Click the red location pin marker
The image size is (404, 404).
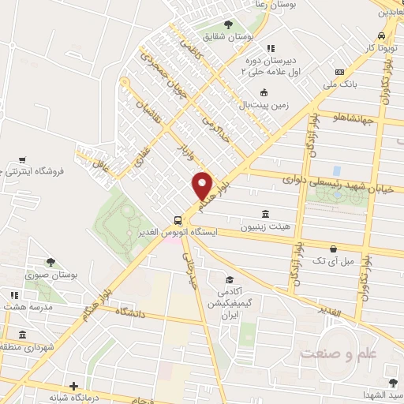[203, 185]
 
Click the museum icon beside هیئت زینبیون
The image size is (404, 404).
[264, 214]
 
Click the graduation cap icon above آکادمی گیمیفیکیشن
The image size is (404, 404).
[230, 279]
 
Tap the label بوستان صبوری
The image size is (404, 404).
[49, 275]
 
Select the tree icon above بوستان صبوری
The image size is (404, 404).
[50, 262]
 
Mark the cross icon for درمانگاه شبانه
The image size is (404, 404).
[73, 386]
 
